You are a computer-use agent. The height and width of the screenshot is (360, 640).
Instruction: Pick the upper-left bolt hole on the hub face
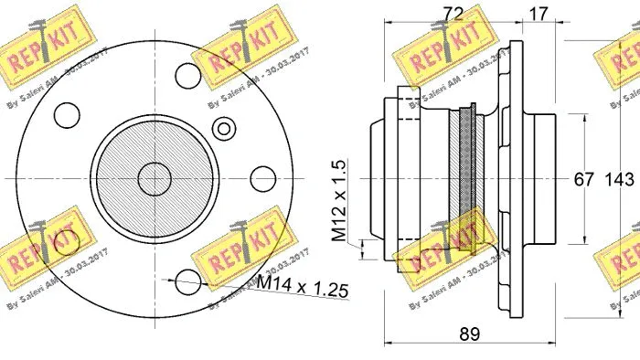(x=65, y=113)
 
